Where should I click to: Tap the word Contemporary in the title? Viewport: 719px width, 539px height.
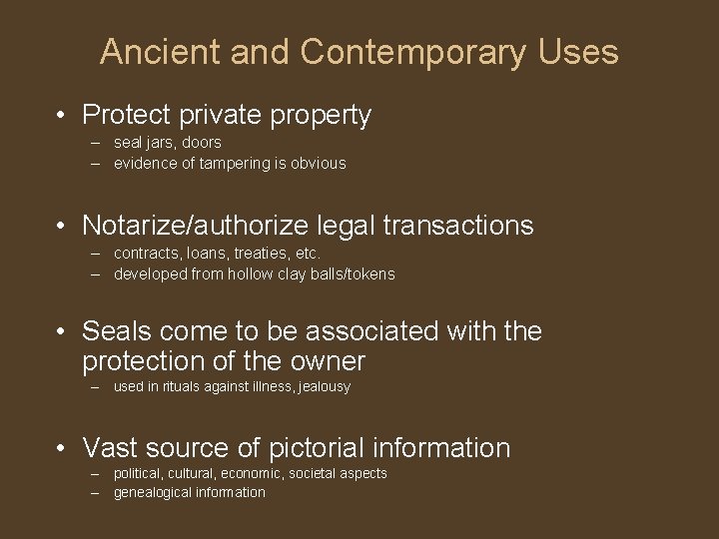pos(412,52)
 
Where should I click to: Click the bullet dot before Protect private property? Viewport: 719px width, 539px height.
pos(62,116)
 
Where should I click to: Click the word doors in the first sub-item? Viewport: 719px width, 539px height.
pos(202,143)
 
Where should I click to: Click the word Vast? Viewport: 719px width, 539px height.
pos(114,449)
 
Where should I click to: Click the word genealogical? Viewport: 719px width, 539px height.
pos(152,493)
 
